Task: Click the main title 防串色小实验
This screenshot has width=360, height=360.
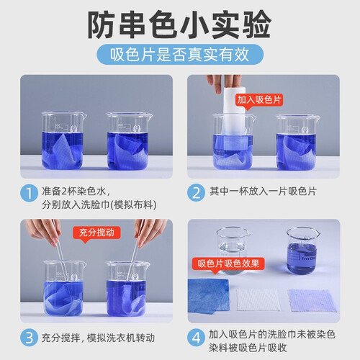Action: [179, 25]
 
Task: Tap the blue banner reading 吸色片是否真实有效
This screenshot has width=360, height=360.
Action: [180, 55]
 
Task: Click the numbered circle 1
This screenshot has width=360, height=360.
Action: [29, 193]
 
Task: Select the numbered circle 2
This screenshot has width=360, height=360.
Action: [196, 192]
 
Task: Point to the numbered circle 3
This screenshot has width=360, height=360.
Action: [29, 338]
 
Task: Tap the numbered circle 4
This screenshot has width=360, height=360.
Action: [196, 338]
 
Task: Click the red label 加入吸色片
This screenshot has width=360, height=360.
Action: [259, 100]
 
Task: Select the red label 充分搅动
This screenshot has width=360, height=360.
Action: [96, 233]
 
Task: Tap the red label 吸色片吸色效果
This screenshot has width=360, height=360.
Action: [228, 264]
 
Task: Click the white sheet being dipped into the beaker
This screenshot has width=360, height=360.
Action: [235, 117]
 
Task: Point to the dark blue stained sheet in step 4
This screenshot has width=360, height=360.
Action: [208, 296]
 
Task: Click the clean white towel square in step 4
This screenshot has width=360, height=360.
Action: [258, 300]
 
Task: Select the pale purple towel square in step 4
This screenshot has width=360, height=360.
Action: [312, 300]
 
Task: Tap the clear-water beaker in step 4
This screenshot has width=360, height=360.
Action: [232, 250]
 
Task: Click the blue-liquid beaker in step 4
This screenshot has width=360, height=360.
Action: [302, 251]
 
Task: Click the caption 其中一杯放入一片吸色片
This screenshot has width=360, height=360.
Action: [263, 192]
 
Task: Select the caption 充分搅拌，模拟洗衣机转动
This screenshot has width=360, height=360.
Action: [98, 338]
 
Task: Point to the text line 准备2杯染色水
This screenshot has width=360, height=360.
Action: [76, 192]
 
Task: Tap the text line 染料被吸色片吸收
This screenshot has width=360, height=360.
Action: [248, 348]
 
